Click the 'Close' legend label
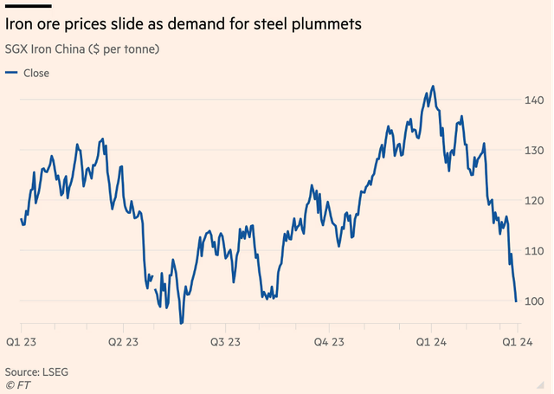pyautogui.click(x=36, y=73)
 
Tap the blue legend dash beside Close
pyautogui.click(x=11, y=73)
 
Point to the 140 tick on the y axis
pyautogui.click(x=534, y=100)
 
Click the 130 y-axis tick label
pyautogui.click(x=534, y=150)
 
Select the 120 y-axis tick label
pyautogui.click(x=534, y=200)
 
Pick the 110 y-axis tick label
pyautogui.click(x=534, y=250)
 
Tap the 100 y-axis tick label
pyautogui.click(x=534, y=300)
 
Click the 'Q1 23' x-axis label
pyautogui.click(x=22, y=343)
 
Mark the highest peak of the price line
pyautogui.click(x=433, y=87)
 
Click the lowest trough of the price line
pyautogui.click(x=181, y=323)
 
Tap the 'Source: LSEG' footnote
pyautogui.click(x=36, y=371)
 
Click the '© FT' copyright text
pyautogui.click(x=17, y=384)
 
